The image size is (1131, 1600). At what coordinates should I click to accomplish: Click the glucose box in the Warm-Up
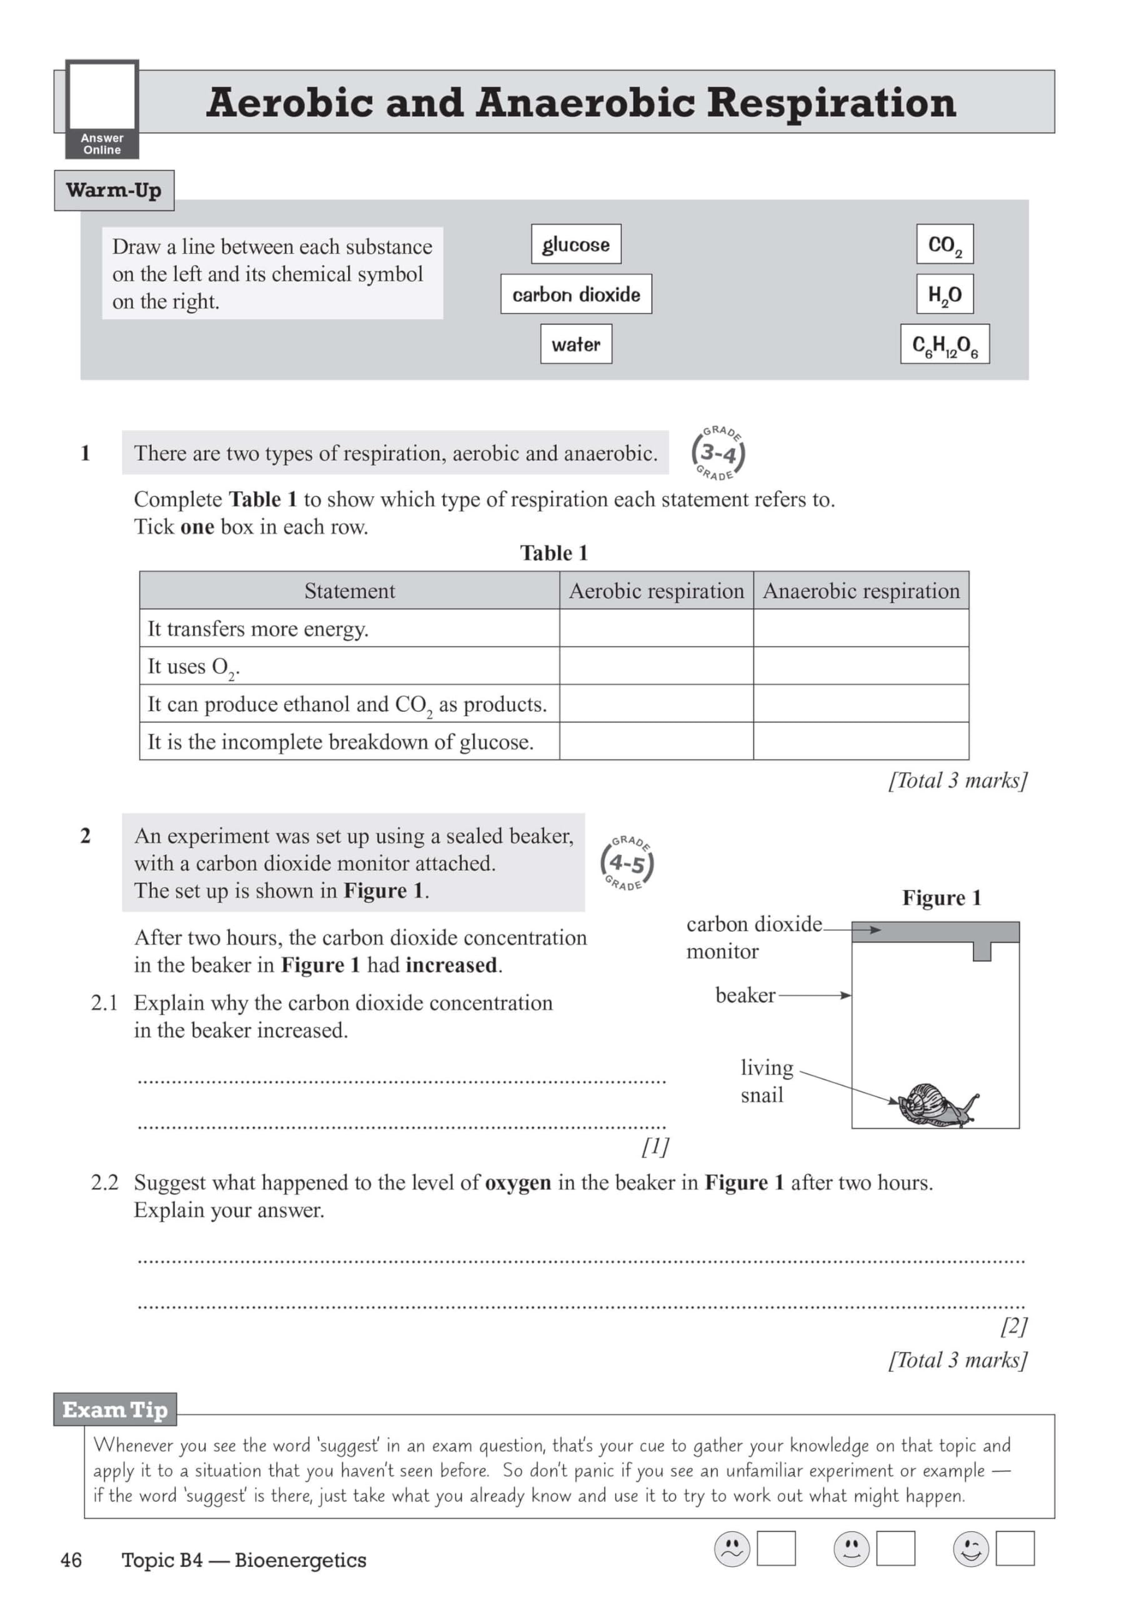point(575,244)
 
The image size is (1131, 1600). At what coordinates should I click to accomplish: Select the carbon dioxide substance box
point(575,294)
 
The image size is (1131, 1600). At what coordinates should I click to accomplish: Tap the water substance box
point(575,344)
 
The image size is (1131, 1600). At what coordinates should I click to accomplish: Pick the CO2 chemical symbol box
point(944,244)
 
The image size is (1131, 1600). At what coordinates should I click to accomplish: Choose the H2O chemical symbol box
point(944,294)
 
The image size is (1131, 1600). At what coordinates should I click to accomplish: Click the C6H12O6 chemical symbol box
point(944,344)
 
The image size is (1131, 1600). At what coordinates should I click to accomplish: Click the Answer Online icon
point(102,109)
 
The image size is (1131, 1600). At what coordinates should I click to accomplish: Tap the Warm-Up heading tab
point(114,190)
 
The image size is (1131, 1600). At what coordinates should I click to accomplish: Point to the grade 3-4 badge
point(718,453)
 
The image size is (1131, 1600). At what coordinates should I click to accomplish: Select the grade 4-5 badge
point(627,863)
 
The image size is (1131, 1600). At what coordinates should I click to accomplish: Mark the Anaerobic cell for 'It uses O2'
point(860,666)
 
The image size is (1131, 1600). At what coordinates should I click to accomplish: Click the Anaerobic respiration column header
point(860,591)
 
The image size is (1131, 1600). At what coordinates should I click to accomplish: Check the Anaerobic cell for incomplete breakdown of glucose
point(860,741)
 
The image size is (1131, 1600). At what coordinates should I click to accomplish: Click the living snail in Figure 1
point(937,1104)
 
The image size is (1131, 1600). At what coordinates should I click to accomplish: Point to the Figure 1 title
point(942,897)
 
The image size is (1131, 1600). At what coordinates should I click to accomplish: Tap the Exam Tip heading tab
point(115,1410)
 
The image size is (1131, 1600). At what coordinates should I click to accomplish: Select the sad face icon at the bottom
point(732,1549)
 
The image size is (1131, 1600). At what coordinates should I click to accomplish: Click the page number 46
point(71,1560)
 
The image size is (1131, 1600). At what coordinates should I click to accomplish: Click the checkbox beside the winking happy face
point(1015,1548)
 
